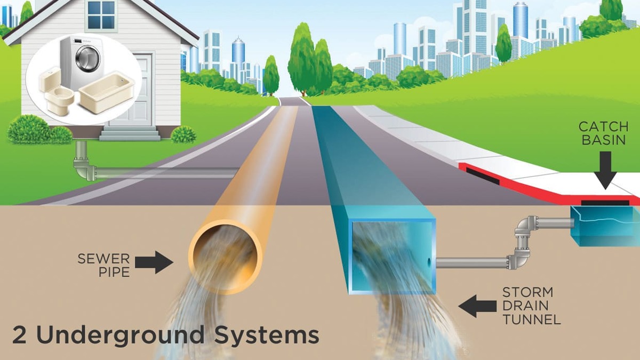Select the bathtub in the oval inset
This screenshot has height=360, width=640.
click(x=107, y=93)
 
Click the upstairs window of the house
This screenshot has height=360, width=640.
click(x=101, y=15)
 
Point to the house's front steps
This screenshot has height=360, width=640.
click(x=130, y=133)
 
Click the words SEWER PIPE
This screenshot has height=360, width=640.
click(x=103, y=265)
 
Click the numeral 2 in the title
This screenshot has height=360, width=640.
click(x=20, y=335)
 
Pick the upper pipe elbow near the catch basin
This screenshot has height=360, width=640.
click(x=526, y=224)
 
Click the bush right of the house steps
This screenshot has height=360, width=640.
click(x=183, y=135)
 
